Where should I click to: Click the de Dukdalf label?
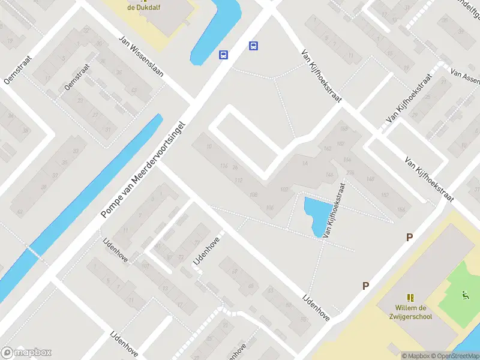point(138,7)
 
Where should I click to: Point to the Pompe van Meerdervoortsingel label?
point(145,171)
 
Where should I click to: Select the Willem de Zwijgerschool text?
point(410,313)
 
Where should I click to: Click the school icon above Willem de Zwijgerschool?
point(410,298)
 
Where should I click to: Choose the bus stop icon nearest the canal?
point(223,55)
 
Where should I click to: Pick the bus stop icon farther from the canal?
point(254,46)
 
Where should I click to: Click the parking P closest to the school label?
point(365,286)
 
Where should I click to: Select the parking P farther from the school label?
point(410,237)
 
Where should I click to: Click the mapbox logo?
point(26,353)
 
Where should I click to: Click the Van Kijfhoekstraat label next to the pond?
point(335,210)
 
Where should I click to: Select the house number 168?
point(343,129)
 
